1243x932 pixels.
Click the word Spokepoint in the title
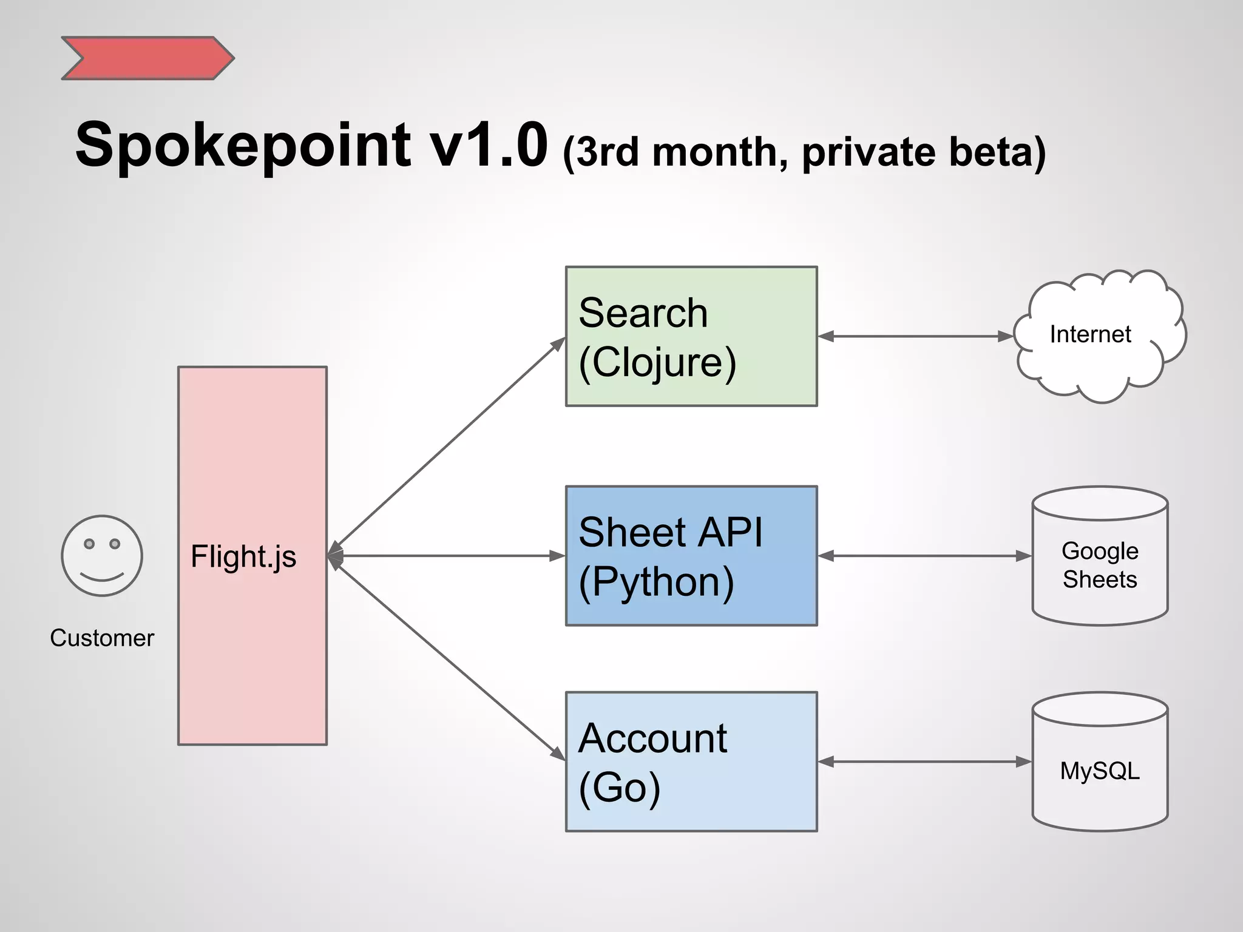coord(243,146)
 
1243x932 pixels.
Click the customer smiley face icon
coord(102,556)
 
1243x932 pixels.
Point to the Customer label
coord(102,638)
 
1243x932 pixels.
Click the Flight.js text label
coord(243,556)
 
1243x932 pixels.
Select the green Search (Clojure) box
coord(691,336)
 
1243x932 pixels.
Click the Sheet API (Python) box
coord(691,556)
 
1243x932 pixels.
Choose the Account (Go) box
coord(691,761)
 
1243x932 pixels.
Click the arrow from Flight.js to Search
coord(449,442)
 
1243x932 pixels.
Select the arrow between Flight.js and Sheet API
coord(446,556)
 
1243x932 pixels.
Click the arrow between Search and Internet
coord(915,336)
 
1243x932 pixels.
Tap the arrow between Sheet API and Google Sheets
coord(924,556)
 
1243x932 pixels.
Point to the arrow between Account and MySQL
coord(924,762)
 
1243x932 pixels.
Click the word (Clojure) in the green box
coord(657,363)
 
